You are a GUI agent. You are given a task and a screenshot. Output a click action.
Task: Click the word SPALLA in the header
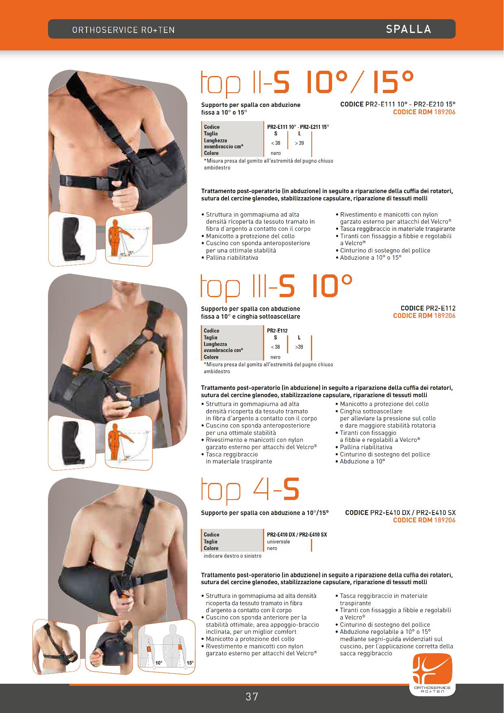(408, 29)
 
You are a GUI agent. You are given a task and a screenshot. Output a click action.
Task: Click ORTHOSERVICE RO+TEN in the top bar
(124, 30)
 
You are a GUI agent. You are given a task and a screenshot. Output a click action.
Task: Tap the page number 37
(252, 697)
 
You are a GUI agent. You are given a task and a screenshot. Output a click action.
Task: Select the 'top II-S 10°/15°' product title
(308, 83)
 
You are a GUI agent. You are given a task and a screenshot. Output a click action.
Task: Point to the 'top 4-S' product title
(250, 491)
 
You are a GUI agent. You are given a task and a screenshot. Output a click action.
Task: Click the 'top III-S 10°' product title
(276, 287)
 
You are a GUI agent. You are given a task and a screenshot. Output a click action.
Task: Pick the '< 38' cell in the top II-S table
(276, 143)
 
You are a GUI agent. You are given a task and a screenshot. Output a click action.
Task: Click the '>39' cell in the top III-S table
(299, 347)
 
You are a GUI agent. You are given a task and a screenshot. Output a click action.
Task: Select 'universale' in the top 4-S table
(278, 541)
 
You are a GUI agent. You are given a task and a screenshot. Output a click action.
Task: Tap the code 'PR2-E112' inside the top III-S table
(277, 330)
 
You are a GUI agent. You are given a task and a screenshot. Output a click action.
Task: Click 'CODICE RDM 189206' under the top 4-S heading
(424, 520)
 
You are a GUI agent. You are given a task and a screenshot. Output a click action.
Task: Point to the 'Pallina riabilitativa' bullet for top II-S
(230, 258)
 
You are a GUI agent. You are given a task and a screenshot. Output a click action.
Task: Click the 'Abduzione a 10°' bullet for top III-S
(360, 461)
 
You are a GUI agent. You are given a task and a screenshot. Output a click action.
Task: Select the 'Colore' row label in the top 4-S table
(211, 548)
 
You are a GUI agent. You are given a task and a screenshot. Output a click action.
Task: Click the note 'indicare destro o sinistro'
(232, 556)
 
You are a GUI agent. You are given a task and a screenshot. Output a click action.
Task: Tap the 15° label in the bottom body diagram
(190, 663)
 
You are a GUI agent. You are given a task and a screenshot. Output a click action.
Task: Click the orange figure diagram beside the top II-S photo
(129, 241)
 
